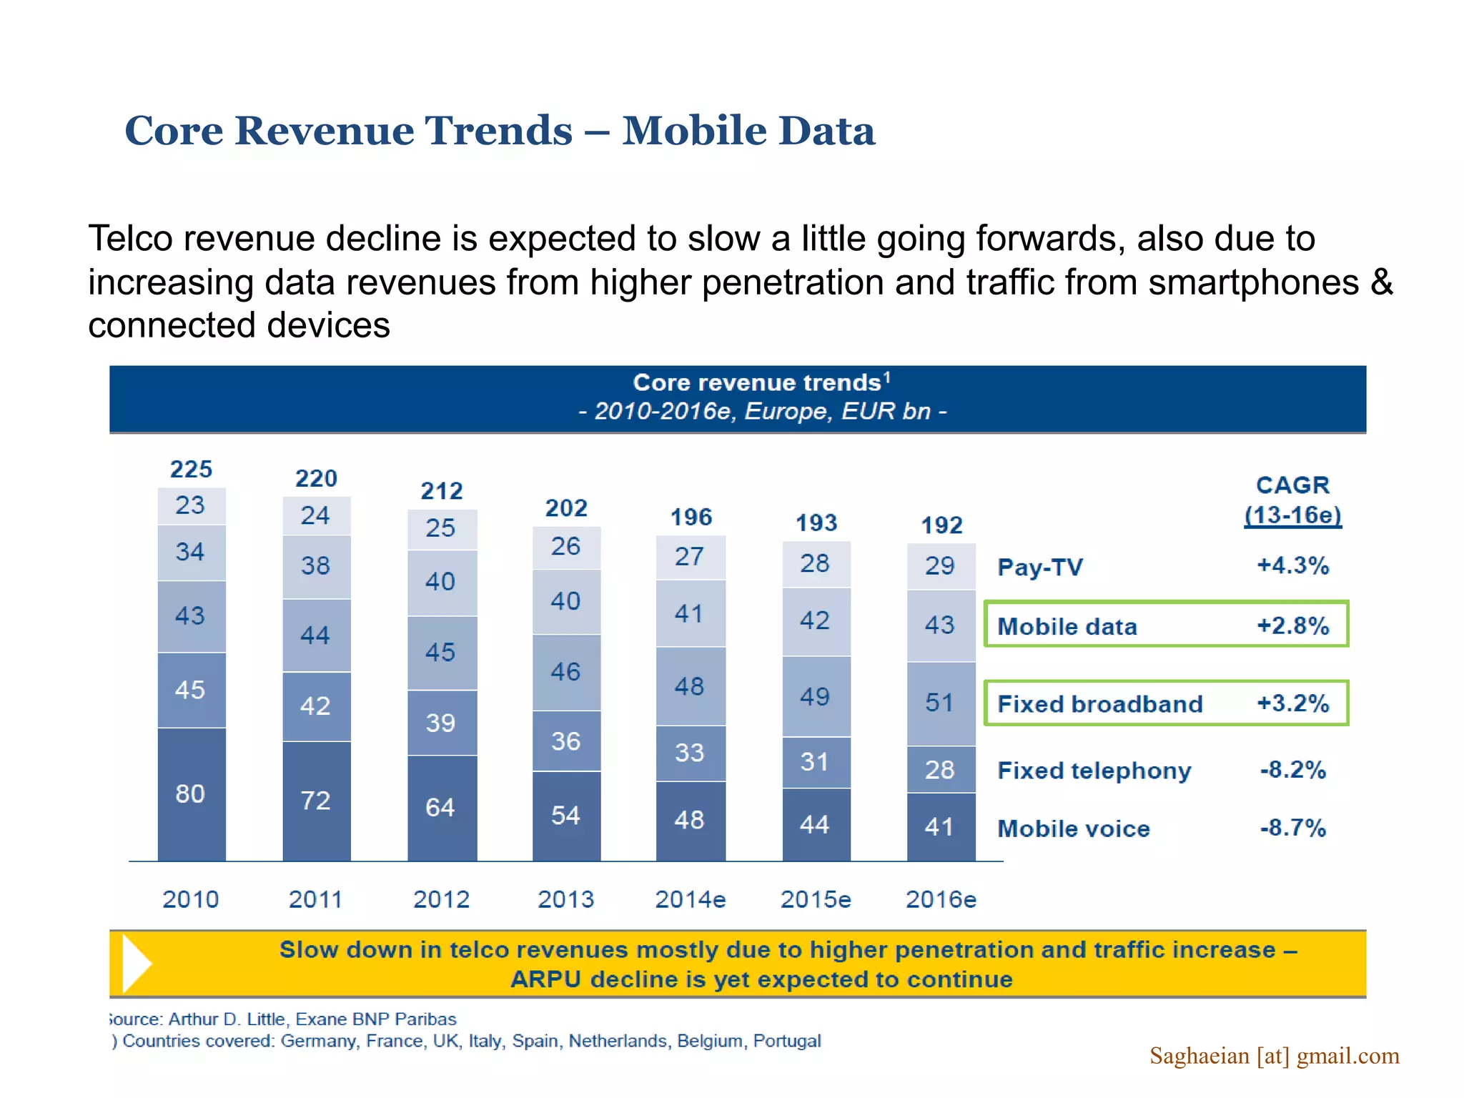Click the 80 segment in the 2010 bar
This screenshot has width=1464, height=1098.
191,793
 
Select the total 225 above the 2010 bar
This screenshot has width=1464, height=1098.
191,470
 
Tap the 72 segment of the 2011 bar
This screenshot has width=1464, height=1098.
315,801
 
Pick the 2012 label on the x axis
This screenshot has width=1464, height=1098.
441,899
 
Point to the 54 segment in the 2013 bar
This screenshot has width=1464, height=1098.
565,816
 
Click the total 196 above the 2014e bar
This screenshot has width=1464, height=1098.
691,518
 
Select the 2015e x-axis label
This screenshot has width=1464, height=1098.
816,899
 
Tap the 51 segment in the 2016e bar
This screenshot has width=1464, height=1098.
940,703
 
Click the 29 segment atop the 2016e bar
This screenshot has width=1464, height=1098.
940,566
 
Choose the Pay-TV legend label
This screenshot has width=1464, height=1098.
1040,568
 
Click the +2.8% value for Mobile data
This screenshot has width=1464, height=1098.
1292,626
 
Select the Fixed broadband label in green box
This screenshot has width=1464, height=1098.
1099,704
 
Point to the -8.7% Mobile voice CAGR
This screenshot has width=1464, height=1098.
1292,829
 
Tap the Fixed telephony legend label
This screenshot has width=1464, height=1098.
1094,771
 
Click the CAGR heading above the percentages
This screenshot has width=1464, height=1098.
1292,485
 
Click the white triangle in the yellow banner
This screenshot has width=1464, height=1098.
136,964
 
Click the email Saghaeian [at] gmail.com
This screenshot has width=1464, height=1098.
1274,1056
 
